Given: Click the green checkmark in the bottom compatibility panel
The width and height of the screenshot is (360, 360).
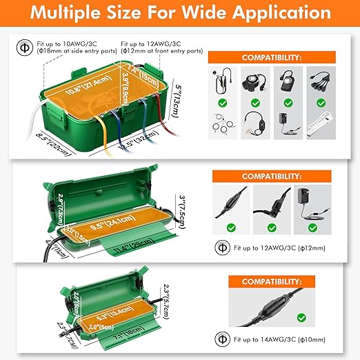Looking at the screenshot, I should tap(301, 317).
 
